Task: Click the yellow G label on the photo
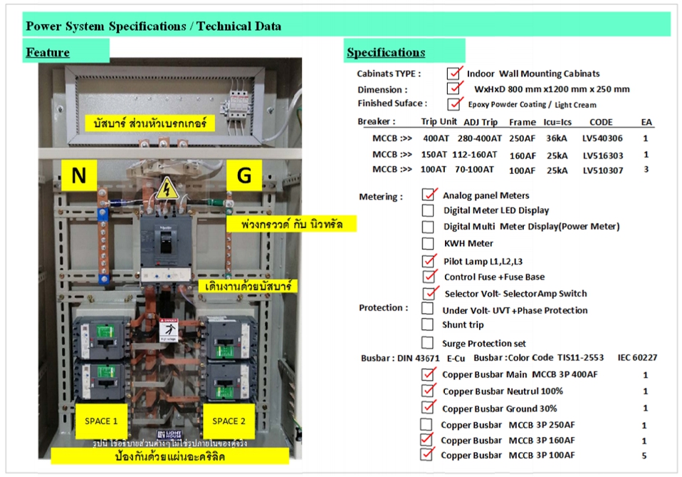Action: coord(243,176)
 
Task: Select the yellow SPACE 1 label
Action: coord(100,421)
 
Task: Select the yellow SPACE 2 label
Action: coord(229,421)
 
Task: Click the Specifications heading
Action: coord(385,52)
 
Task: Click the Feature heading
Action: coord(48,52)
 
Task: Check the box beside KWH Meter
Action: coord(428,243)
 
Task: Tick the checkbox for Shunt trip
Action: coord(428,325)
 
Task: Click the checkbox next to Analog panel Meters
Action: coord(429,194)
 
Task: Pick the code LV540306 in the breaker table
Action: coord(602,138)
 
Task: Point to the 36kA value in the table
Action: coord(557,138)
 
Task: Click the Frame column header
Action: coord(522,122)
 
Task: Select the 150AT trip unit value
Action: coord(434,155)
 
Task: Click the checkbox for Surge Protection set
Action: coord(428,343)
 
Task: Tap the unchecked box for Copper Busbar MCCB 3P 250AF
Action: coord(428,425)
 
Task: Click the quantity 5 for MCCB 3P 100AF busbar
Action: coord(645,456)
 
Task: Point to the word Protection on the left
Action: coord(383,308)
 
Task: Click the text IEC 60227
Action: coord(637,358)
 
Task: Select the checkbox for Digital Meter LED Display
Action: coord(428,210)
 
